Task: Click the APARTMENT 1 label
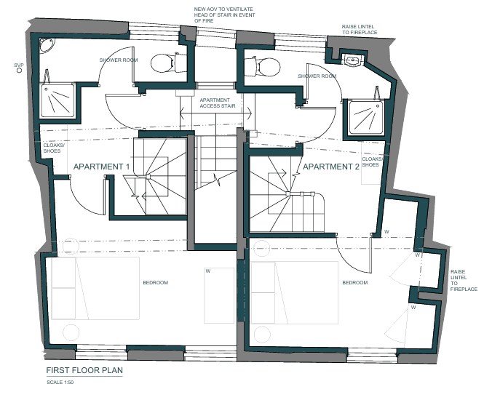pos(101,167)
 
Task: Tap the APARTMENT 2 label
pos(331,167)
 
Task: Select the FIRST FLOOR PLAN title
pos(84,370)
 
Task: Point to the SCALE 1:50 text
pos(60,383)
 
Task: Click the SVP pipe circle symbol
pos(19,71)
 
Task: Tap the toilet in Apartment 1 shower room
pos(169,63)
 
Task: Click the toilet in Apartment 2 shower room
pos(262,66)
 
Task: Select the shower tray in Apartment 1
pos(57,100)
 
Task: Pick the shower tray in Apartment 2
pos(366,118)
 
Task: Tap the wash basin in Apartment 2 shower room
pos(354,60)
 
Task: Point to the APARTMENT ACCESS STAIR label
pos(218,103)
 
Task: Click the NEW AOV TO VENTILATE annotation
pos(224,15)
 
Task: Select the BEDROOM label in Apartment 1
pos(156,282)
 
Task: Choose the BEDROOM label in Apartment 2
pos(355,282)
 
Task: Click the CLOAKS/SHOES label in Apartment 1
pos(54,148)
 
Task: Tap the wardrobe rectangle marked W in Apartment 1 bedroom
pos(219,295)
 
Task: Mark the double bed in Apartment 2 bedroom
pos(295,292)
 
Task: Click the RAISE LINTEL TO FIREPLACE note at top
pos(360,29)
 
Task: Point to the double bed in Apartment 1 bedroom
pos(95,288)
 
